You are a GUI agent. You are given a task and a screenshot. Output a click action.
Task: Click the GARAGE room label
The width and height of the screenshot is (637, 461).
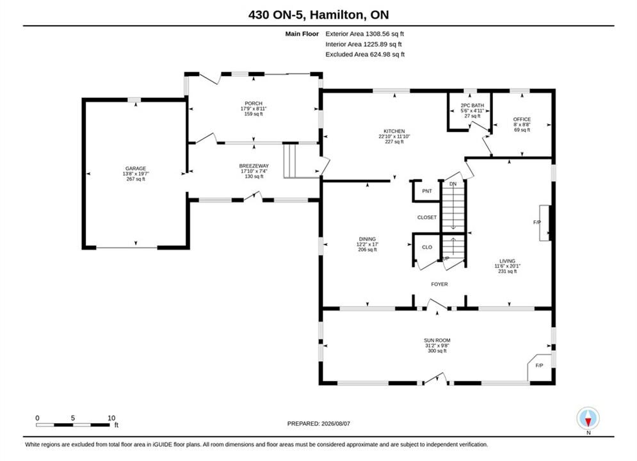tap(136, 168)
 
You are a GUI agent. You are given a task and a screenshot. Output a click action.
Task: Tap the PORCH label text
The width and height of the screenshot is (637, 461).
tap(254, 104)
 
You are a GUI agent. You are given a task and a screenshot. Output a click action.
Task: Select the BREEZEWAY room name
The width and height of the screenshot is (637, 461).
tap(254, 166)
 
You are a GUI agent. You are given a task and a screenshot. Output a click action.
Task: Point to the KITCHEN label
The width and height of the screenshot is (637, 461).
tap(394, 131)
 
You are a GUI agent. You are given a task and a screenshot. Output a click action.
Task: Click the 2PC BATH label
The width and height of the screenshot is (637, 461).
tap(472, 105)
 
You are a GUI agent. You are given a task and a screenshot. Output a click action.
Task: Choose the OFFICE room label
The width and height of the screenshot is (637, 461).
tap(522, 119)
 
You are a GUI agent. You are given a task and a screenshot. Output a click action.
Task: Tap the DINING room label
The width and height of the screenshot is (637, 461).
tap(367, 239)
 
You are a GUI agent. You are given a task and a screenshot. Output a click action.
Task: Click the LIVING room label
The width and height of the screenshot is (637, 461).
tap(508, 261)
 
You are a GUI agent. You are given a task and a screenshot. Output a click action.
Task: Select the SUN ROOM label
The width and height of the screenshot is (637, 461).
tap(437, 341)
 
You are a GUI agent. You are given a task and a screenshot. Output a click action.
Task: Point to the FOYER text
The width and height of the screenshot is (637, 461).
tap(440, 284)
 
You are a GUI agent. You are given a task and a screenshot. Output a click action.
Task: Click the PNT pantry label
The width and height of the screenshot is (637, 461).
tap(427, 191)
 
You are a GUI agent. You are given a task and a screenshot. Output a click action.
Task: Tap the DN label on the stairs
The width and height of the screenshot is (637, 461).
tap(453, 184)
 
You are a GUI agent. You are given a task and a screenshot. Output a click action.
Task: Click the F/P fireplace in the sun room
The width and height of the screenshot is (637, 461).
tap(540, 366)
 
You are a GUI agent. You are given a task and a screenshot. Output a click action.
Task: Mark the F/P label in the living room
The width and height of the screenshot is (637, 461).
tap(537, 223)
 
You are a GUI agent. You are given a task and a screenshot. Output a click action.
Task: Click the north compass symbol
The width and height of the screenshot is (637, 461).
tap(588, 418)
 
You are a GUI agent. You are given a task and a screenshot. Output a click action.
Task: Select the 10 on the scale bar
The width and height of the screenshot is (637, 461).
tap(111, 418)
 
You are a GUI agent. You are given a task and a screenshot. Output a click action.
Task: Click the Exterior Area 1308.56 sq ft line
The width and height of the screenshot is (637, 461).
tap(364, 34)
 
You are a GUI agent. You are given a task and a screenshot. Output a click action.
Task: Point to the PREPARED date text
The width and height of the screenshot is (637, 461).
tap(319, 424)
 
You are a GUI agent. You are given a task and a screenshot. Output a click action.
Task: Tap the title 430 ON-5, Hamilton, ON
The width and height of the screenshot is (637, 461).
tap(319, 15)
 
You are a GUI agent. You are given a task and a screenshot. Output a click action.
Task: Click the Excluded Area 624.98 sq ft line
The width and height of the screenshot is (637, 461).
tap(365, 54)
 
